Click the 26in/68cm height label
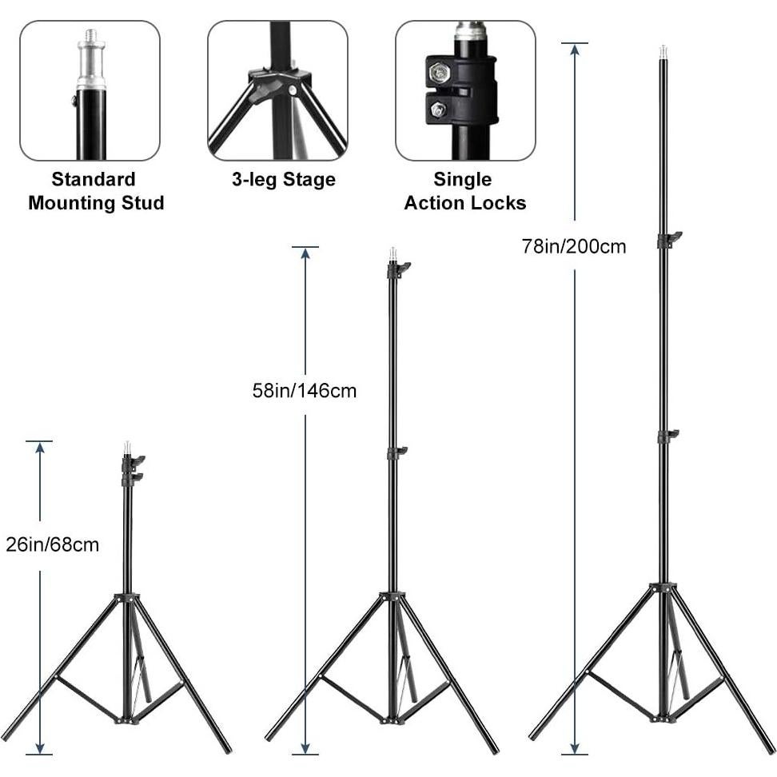click(x=51, y=545)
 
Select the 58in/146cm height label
click(x=304, y=391)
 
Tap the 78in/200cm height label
click(x=573, y=246)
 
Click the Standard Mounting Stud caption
click(x=95, y=191)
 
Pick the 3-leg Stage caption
click(x=283, y=180)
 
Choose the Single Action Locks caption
click(x=464, y=191)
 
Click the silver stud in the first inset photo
click(x=91, y=60)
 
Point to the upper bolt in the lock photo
click(x=438, y=74)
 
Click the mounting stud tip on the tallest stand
click(x=663, y=52)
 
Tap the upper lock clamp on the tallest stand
click(x=667, y=239)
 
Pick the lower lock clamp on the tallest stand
click(x=666, y=436)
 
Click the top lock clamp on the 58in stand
click(x=396, y=269)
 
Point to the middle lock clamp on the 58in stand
click(x=396, y=453)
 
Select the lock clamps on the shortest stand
click(x=131, y=469)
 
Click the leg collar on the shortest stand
click(x=126, y=598)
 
